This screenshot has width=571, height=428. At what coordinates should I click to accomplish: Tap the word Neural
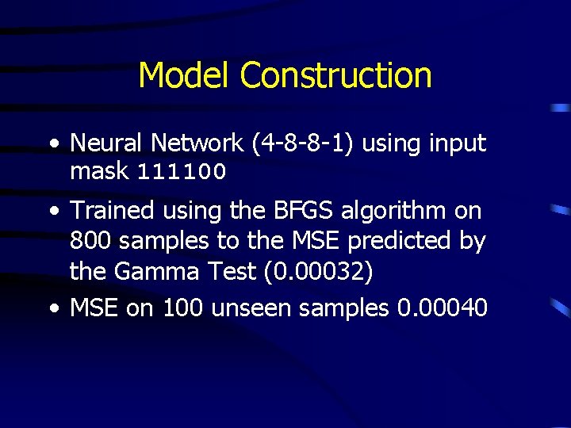(x=106, y=143)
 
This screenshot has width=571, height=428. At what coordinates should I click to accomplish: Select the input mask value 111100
(x=182, y=171)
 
